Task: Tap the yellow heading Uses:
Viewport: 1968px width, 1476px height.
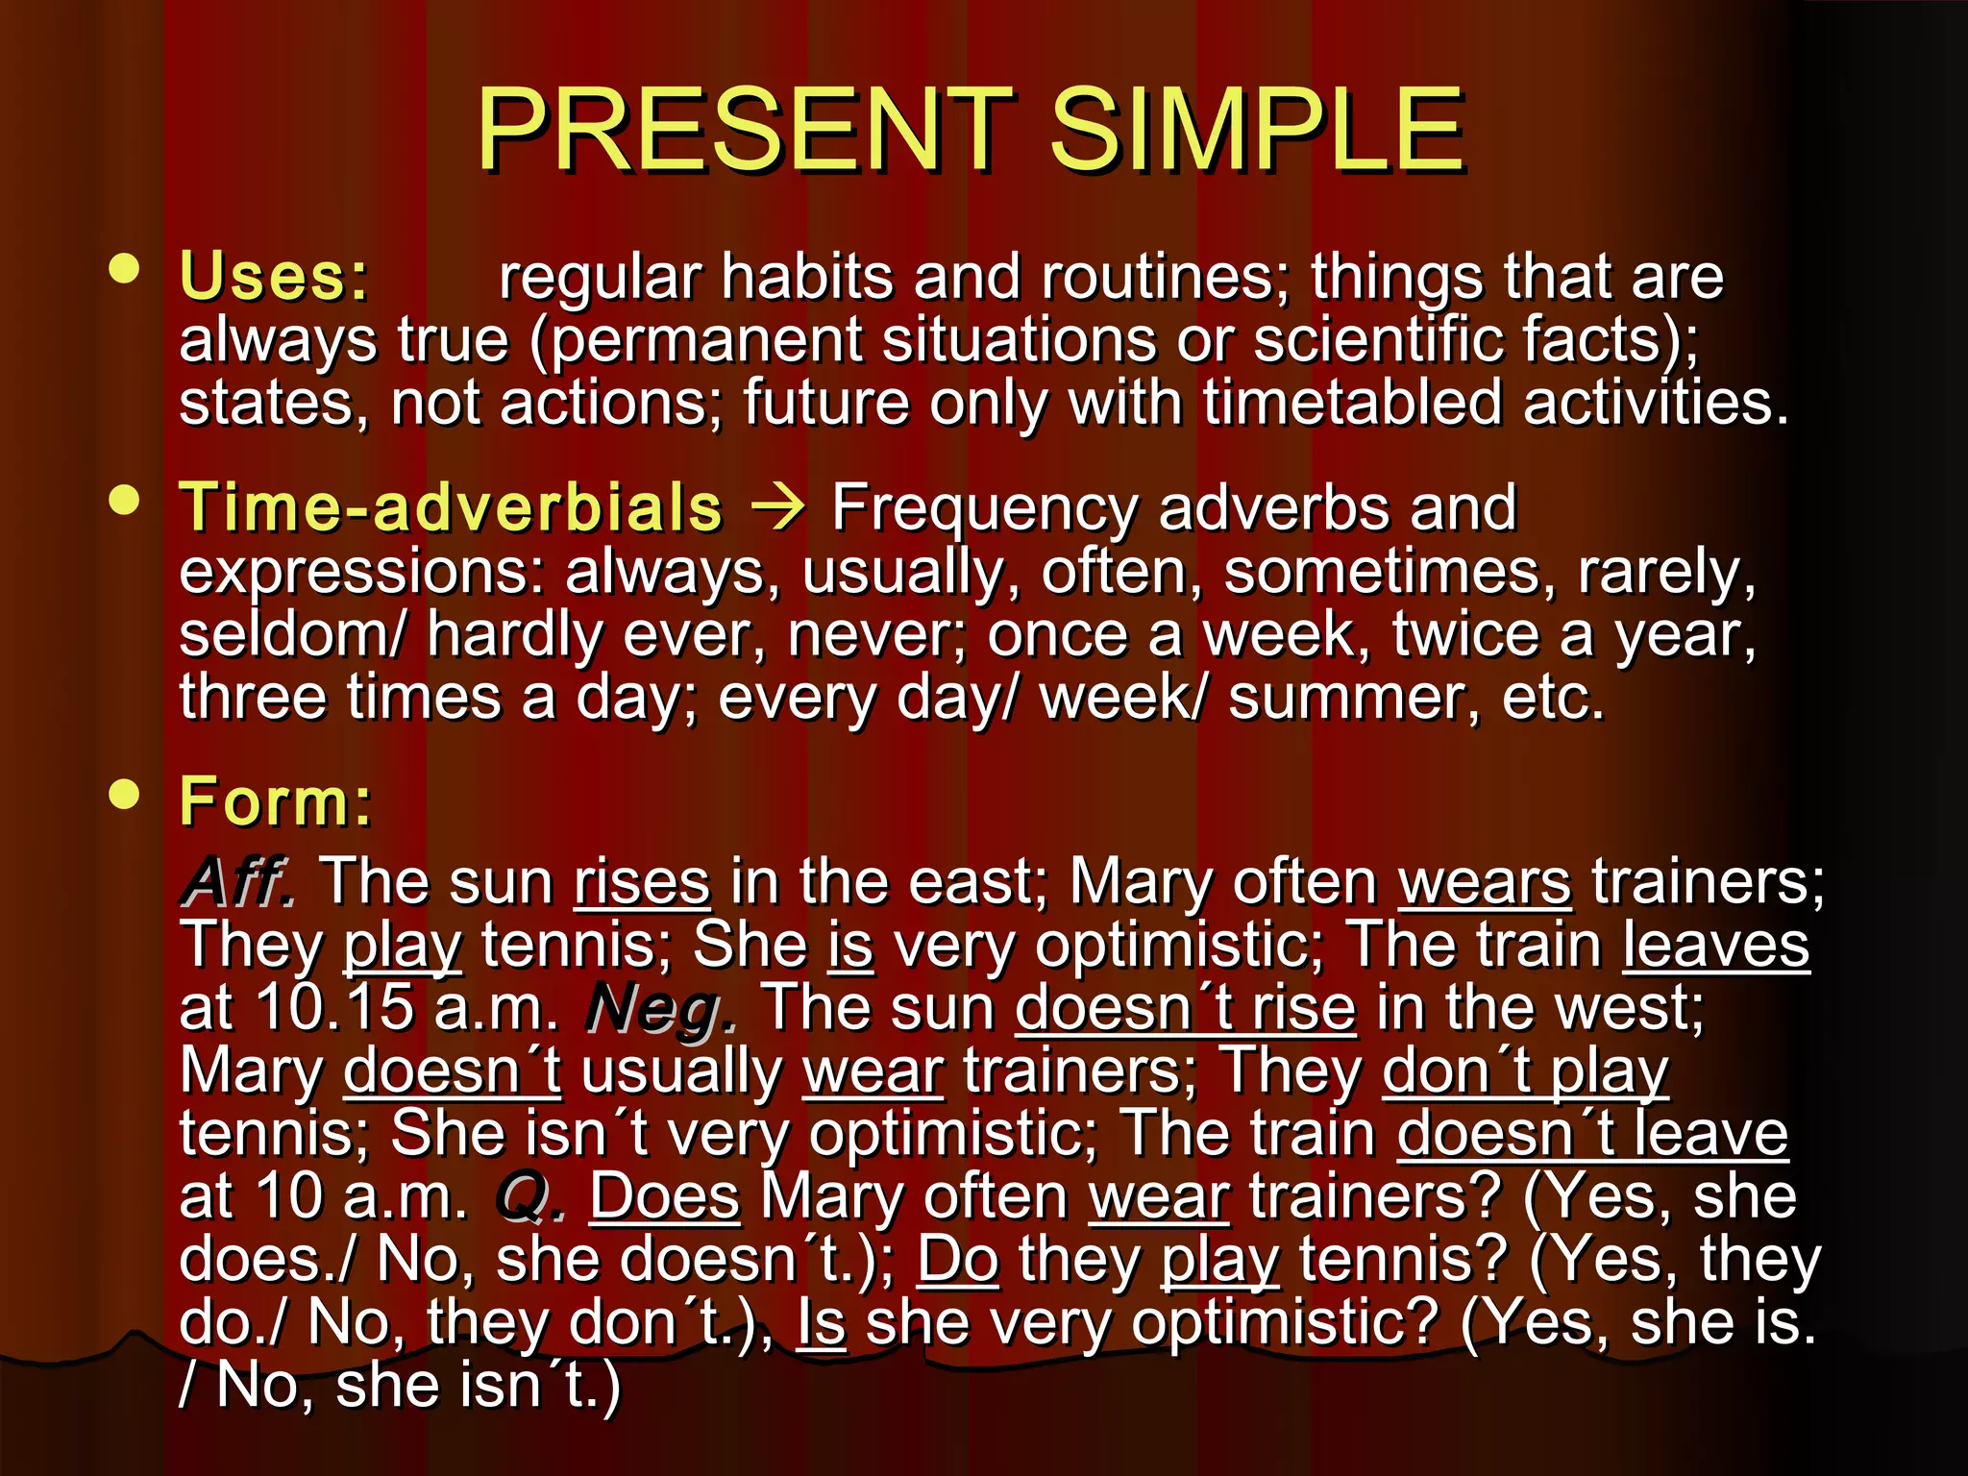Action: [x=275, y=277]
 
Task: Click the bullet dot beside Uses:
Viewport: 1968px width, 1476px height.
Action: [x=125, y=268]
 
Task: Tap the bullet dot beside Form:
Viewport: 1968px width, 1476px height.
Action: [x=125, y=794]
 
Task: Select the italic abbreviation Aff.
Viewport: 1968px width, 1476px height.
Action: [x=238, y=882]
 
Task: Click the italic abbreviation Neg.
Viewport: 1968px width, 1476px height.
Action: [x=661, y=1010]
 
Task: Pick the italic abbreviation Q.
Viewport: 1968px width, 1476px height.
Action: [x=529, y=1198]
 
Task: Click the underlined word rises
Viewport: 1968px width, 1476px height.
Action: [x=642, y=882]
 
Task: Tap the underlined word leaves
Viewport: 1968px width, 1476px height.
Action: [x=1716, y=946]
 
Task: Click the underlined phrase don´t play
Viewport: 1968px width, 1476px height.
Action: [x=1525, y=1071]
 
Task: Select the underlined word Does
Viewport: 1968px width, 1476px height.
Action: [x=665, y=1197]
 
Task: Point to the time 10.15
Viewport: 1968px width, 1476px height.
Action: [x=335, y=1009]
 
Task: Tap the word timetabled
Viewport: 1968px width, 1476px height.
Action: [x=1352, y=403]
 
